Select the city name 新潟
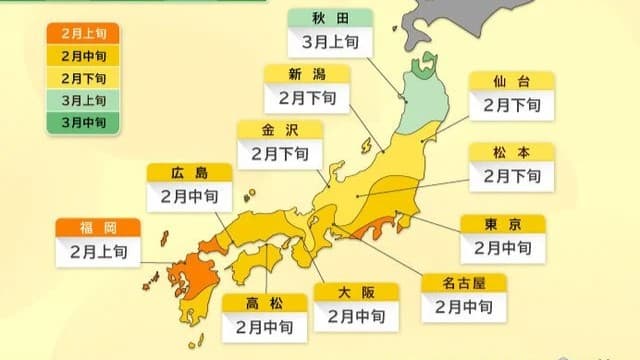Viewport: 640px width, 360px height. (x=306, y=74)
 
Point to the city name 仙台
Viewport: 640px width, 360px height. (x=511, y=79)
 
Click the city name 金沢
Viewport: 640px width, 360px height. (x=279, y=129)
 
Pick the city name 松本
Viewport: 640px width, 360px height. (x=511, y=152)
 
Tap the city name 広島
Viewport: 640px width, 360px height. (x=189, y=172)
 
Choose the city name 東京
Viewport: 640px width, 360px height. (x=502, y=223)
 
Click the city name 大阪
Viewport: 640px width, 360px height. (x=356, y=292)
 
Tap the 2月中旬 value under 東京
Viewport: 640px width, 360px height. (x=502, y=247)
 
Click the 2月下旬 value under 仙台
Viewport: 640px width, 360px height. (x=511, y=104)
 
